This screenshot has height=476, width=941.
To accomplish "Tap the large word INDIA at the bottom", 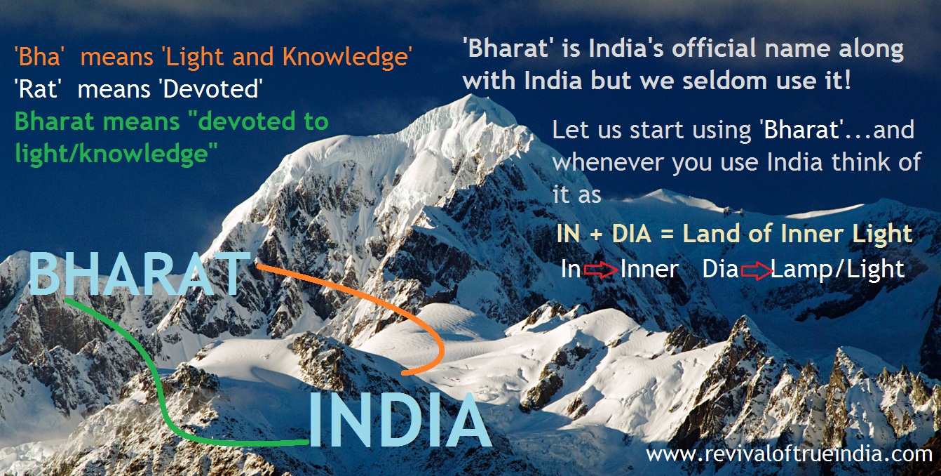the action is click(x=400, y=420).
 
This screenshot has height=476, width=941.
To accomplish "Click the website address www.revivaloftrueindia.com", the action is click(x=789, y=454).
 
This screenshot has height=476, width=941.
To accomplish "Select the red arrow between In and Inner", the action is click(x=601, y=270).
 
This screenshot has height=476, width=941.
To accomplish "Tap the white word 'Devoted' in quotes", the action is click(x=211, y=89).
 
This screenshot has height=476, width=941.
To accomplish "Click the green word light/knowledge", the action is click(x=116, y=154).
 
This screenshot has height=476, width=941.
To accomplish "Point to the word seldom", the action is click(x=726, y=81).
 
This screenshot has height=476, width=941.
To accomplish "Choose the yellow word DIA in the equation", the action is click(x=631, y=234).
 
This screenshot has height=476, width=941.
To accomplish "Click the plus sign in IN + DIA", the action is click(x=596, y=234).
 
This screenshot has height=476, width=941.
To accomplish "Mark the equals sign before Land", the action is click(x=667, y=234).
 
